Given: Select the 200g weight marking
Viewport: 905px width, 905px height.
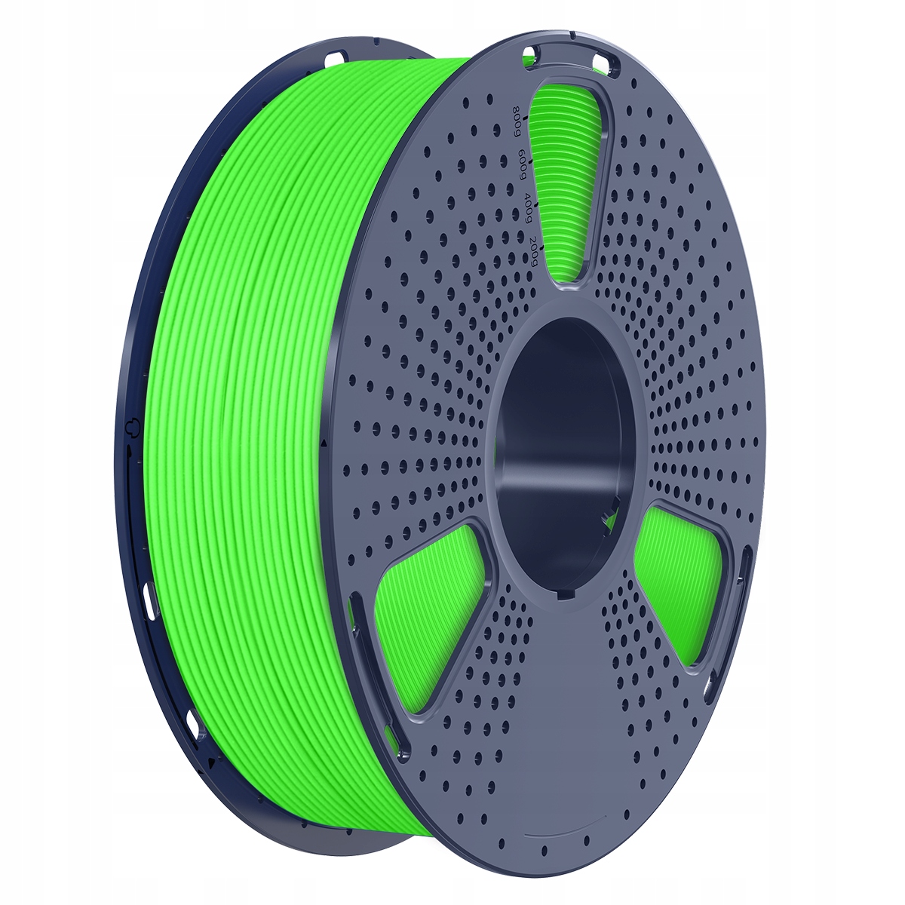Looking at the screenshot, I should [535, 250].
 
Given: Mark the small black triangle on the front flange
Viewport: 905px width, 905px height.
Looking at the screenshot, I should [324, 445].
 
